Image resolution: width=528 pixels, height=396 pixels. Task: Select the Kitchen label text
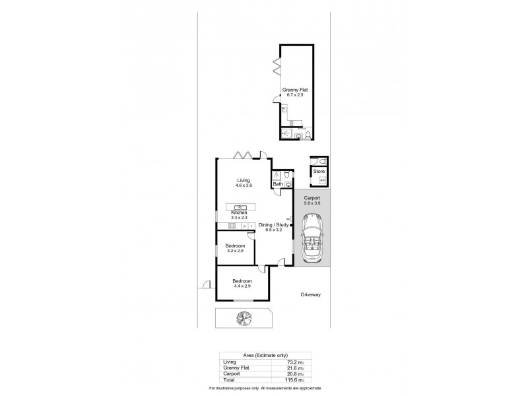point(239,212)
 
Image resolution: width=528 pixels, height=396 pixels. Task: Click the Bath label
point(278,184)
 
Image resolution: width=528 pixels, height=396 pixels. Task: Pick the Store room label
point(319,171)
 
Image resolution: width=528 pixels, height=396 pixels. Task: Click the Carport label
point(312,198)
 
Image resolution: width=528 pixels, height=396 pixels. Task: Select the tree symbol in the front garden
point(242,318)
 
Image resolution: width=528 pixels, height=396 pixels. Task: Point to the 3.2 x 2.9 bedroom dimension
point(236,251)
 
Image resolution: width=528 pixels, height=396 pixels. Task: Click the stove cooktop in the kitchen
point(232,226)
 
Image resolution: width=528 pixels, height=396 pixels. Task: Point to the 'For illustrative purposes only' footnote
point(264,388)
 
